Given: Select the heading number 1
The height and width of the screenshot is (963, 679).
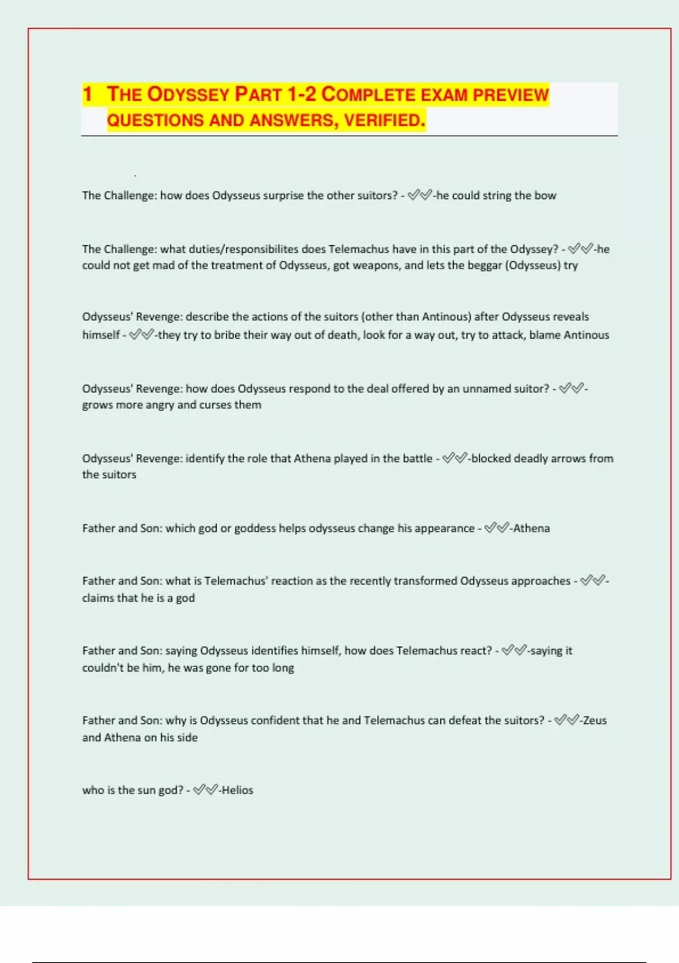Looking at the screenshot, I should coord(87,95).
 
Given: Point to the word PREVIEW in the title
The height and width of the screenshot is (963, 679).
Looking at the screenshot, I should coord(511,95).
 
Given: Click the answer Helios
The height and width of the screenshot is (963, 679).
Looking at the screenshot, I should coord(238,790).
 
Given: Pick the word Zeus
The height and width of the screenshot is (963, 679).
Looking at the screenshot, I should coord(595,721).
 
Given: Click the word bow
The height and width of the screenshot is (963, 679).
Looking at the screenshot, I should coord(545,195).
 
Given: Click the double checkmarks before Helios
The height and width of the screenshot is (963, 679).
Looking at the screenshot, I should coord(205,790).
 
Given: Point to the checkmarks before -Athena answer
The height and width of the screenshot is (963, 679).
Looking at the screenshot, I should coord(497,529).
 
